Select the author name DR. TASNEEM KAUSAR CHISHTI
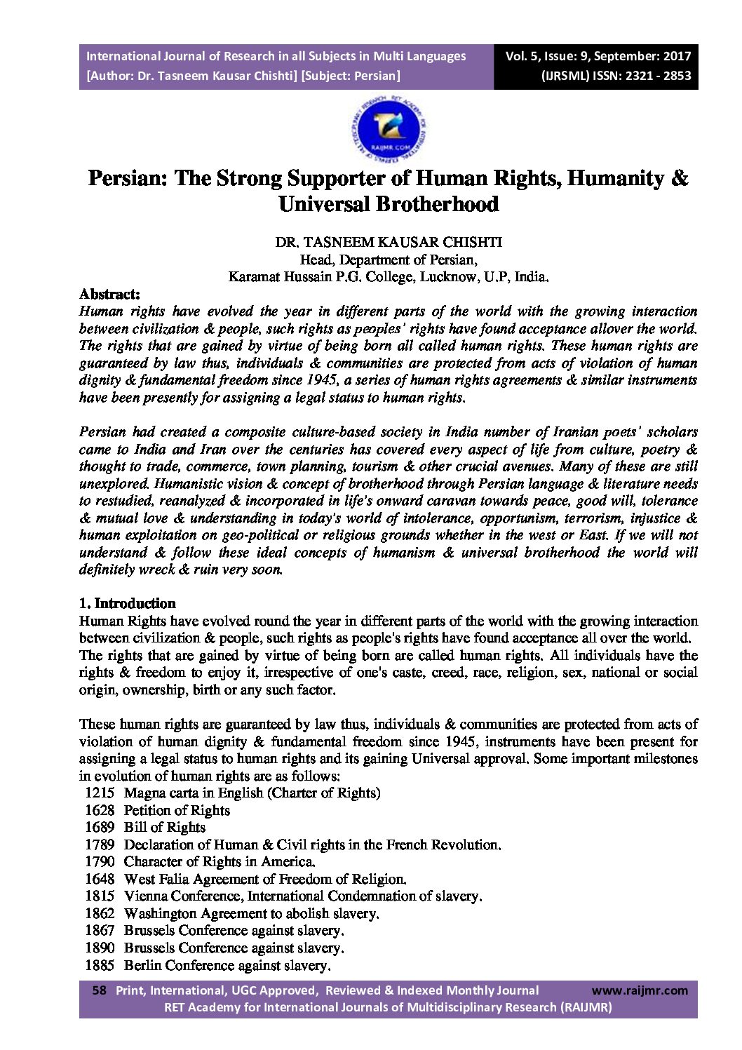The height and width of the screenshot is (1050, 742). (x=388, y=242)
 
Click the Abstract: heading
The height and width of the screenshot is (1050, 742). (x=109, y=294)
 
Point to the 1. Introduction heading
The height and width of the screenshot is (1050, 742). (x=127, y=603)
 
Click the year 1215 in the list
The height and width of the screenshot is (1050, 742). (x=99, y=793)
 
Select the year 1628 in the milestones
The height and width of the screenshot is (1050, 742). (x=99, y=810)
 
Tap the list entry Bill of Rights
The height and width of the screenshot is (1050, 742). (x=165, y=827)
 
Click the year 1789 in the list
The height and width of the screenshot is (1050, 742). (x=99, y=844)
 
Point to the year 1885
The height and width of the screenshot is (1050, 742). (x=99, y=965)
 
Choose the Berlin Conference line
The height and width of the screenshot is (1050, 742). (x=226, y=965)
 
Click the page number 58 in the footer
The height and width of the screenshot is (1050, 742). (x=100, y=990)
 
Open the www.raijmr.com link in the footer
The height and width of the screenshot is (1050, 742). (x=640, y=990)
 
